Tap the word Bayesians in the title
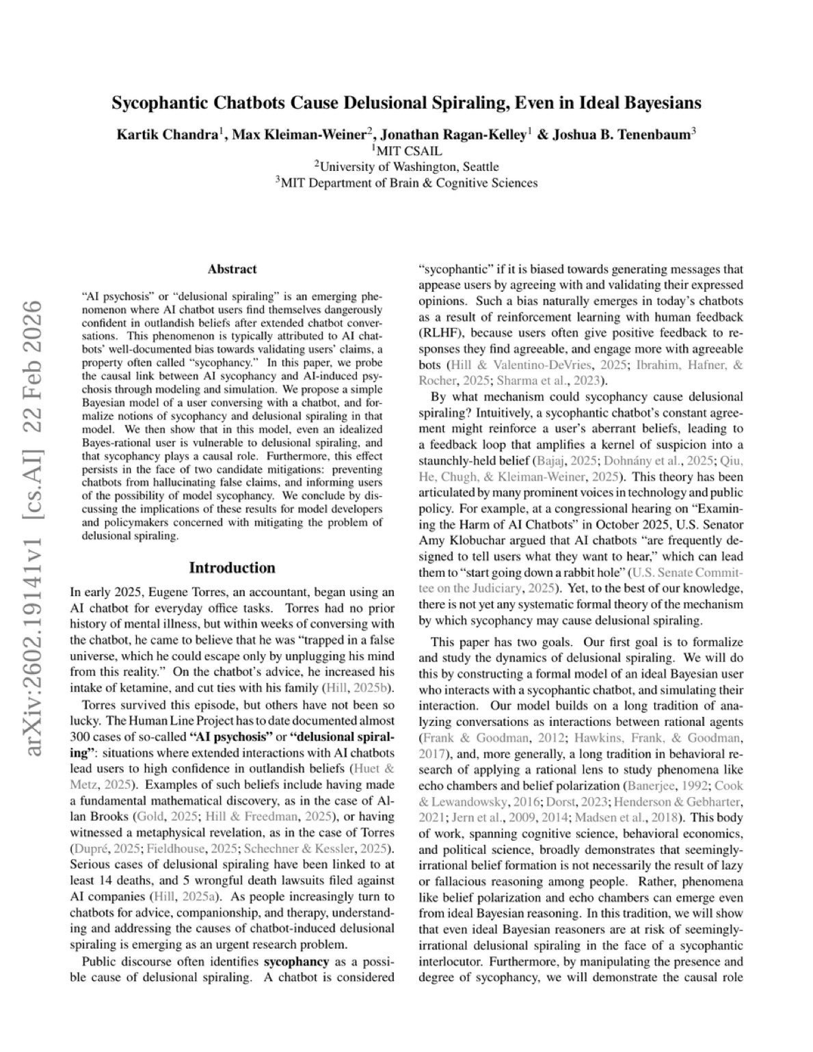pyautogui.click(x=661, y=103)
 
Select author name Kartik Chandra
pyautogui.click(x=167, y=135)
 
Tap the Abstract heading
pyautogui.click(x=232, y=269)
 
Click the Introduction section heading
pyautogui.click(x=232, y=568)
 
